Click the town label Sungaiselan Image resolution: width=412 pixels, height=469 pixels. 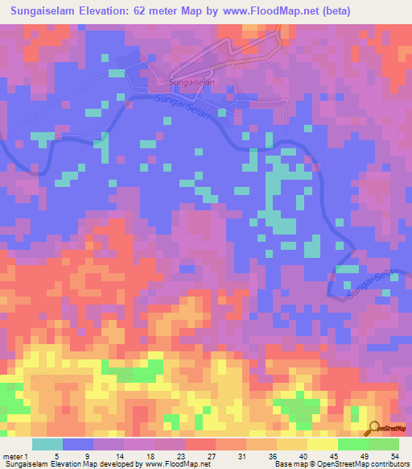click(187, 81)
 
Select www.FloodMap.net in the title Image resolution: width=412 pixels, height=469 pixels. click(295, 10)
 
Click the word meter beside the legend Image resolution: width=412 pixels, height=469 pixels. click(14, 456)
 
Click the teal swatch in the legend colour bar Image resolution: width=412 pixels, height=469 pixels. click(47, 445)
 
